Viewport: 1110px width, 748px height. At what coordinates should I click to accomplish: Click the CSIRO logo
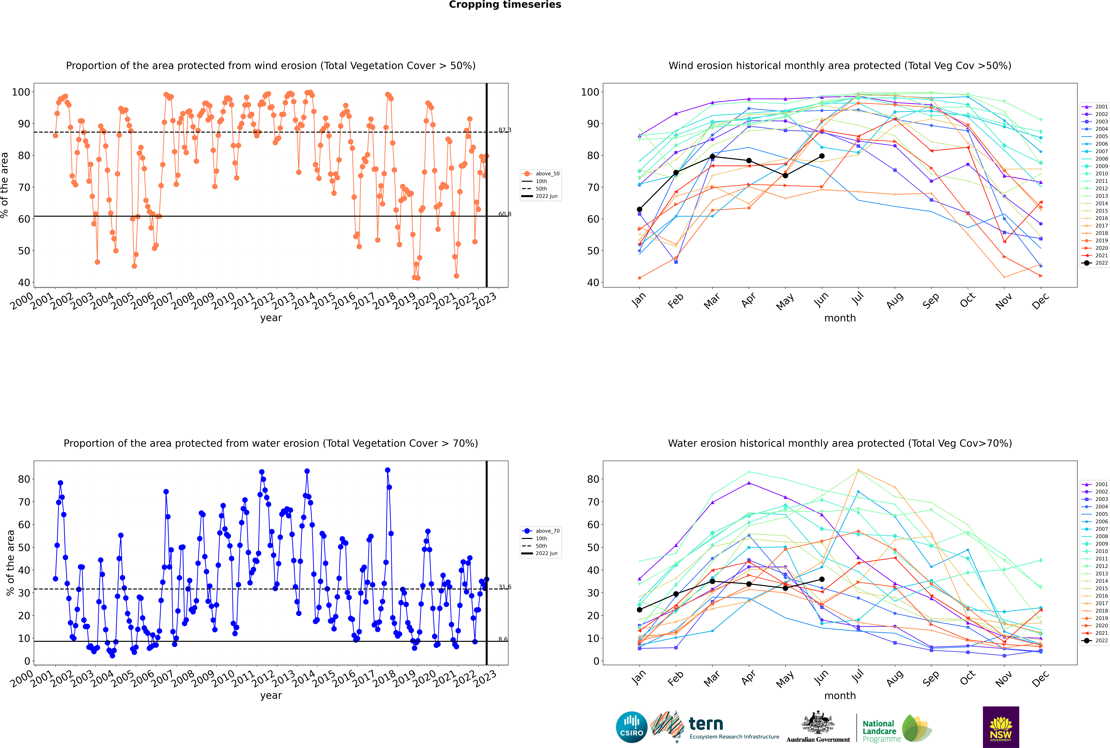[x=631, y=727]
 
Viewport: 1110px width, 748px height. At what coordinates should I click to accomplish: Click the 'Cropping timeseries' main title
[x=505, y=5]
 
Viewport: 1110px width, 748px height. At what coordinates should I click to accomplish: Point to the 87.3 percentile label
[x=504, y=130]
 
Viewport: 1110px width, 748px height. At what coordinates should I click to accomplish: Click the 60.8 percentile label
[x=504, y=214]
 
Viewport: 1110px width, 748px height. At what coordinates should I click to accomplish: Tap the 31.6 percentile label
[x=504, y=587]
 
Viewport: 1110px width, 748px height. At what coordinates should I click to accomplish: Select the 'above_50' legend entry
[x=541, y=174]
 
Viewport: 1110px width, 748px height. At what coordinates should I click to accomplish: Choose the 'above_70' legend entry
[x=541, y=531]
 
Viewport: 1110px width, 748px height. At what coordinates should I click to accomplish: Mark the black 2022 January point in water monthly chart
[x=639, y=610]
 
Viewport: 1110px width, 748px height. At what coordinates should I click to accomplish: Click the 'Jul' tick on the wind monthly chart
[x=858, y=299]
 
